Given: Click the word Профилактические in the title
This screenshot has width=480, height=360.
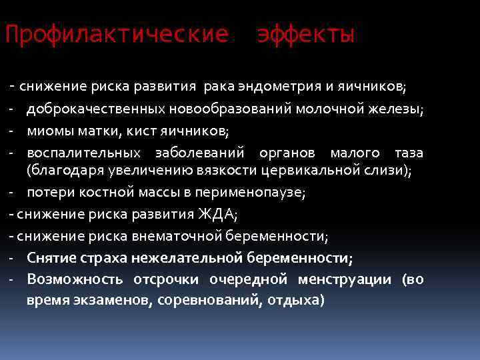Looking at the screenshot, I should (117, 34).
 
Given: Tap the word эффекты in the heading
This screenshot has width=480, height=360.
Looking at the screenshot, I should (306, 34).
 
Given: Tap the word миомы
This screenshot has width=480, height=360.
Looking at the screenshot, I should (47, 131).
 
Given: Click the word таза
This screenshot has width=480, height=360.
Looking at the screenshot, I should (409, 153).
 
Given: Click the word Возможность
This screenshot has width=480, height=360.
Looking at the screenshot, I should (75, 279).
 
